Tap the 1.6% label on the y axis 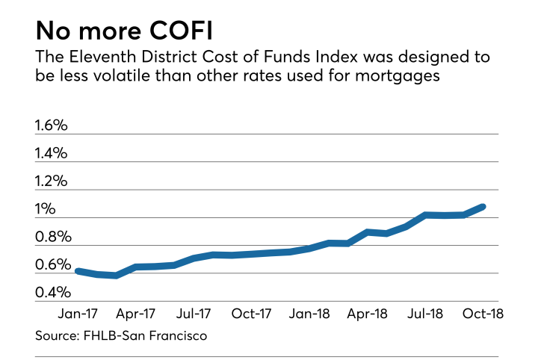(x=52, y=125)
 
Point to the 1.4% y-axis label (x=52, y=153)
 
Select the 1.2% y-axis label (x=52, y=181)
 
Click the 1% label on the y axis (x=46, y=209)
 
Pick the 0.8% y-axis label (x=52, y=238)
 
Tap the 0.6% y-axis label (x=52, y=265)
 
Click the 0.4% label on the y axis (x=52, y=293)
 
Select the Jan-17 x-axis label (x=77, y=313)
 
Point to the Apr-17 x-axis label (x=135, y=313)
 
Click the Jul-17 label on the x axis (x=193, y=313)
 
